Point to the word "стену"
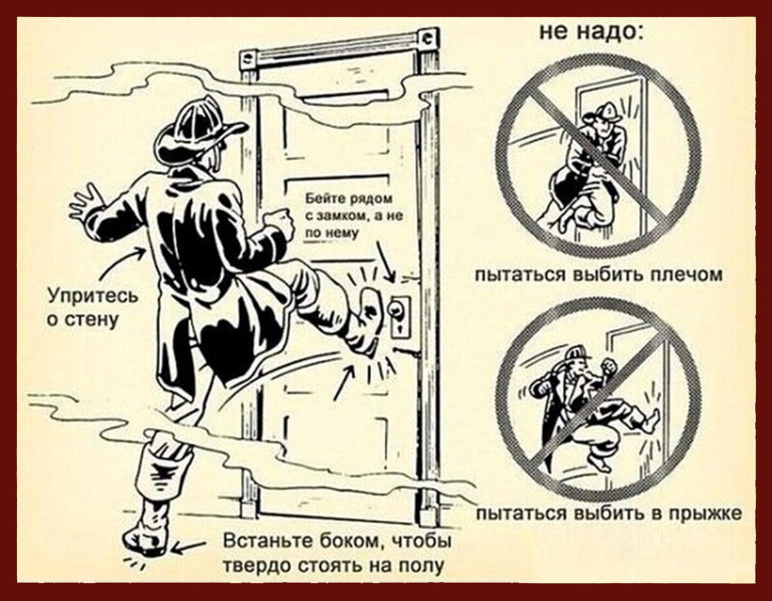click(93, 319)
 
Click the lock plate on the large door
click(400, 315)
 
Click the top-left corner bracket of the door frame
click(248, 59)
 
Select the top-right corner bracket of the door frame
click(425, 38)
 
